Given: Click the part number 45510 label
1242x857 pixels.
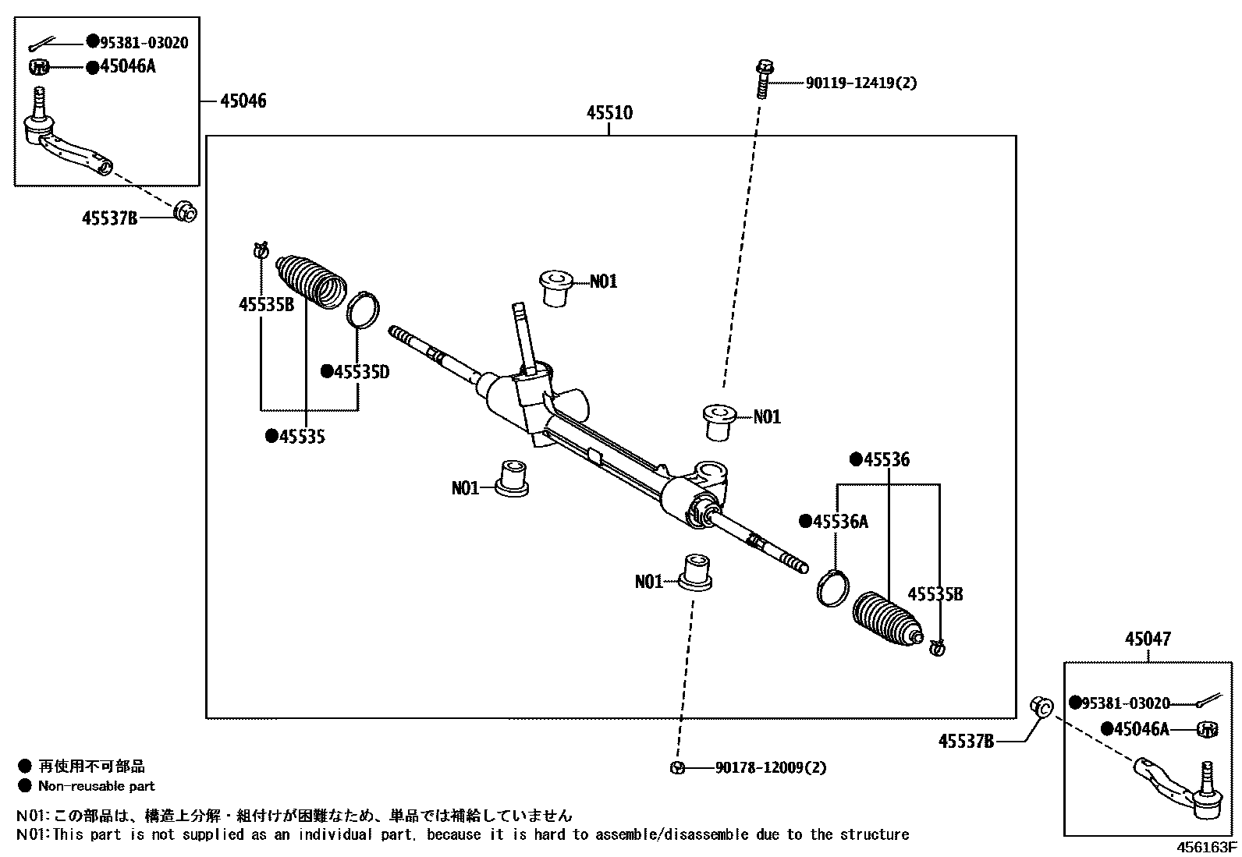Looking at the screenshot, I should (x=609, y=113).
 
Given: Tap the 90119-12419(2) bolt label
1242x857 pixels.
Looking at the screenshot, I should (x=861, y=83).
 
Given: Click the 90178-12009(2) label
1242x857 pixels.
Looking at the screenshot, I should (x=770, y=767).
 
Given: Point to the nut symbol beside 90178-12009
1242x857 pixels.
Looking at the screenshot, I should (x=677, y=767).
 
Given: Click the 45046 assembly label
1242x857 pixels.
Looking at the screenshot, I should (x=243, y=101).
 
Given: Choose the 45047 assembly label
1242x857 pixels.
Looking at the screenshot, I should (x=1148, y=639).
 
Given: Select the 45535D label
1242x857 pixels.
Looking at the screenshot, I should (x=360, y=372).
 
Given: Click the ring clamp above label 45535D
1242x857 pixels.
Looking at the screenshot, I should (x=362, y=310).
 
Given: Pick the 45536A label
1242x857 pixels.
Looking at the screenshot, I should (x=839, y=522).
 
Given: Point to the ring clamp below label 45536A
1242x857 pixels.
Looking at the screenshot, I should (x=833, y=586).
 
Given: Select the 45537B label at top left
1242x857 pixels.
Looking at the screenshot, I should (x=109, y=218).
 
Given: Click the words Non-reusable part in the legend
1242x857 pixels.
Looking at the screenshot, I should (x=97, y=786).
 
